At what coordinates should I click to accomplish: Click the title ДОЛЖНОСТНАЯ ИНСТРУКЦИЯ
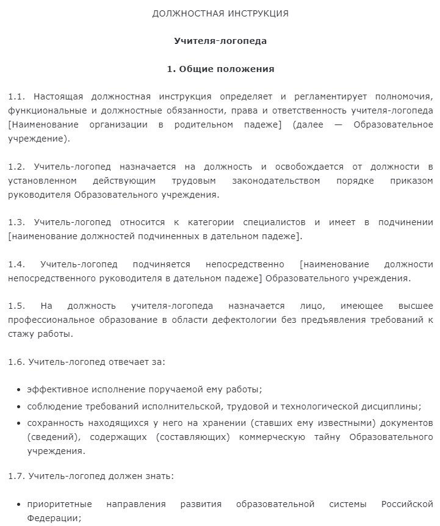(220, 13)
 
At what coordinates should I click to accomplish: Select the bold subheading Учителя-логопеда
(220, 41)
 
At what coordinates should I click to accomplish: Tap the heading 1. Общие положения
(220, 69)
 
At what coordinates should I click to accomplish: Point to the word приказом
(414, 181)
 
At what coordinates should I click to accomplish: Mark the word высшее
(416, 306)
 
